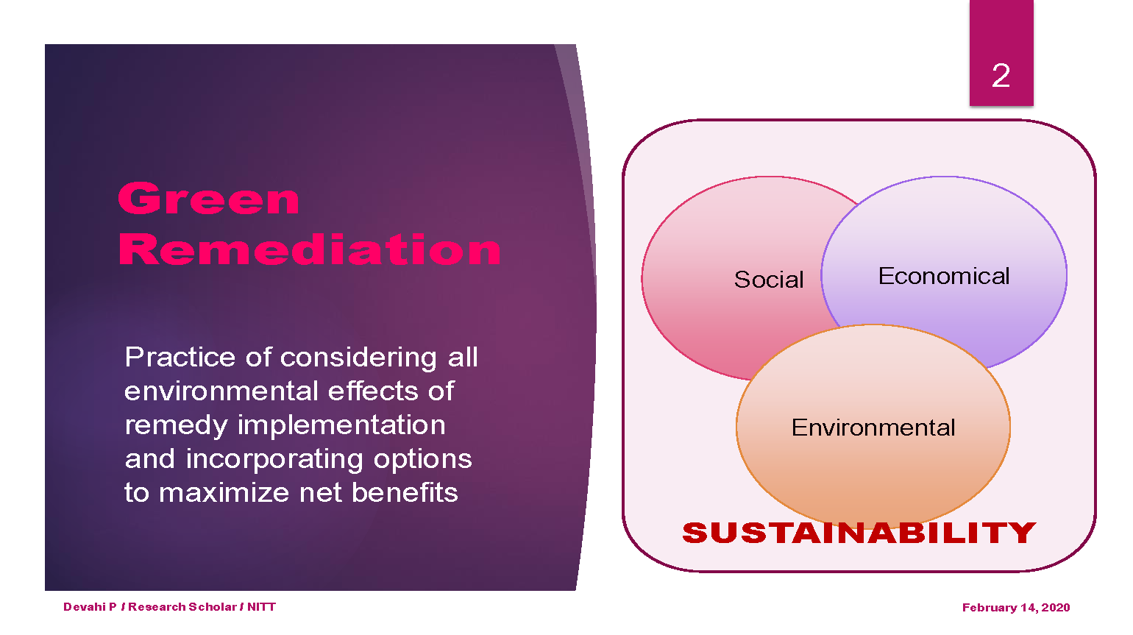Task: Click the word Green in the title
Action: [209, 199]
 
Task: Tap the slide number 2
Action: [1001, 75]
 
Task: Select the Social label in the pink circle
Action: [769, 280]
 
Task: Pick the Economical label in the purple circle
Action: [944, 276]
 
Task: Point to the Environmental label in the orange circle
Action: [873, 428]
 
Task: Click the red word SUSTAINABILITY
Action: [859, 533]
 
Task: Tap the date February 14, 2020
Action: [1015, 607]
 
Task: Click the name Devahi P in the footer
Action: [90, 606]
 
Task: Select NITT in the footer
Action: [261, 606]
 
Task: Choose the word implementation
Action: [341, 425]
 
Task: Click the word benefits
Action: [405, 492]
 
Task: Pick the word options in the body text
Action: [422, 460]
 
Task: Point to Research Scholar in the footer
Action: [182, 606]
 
